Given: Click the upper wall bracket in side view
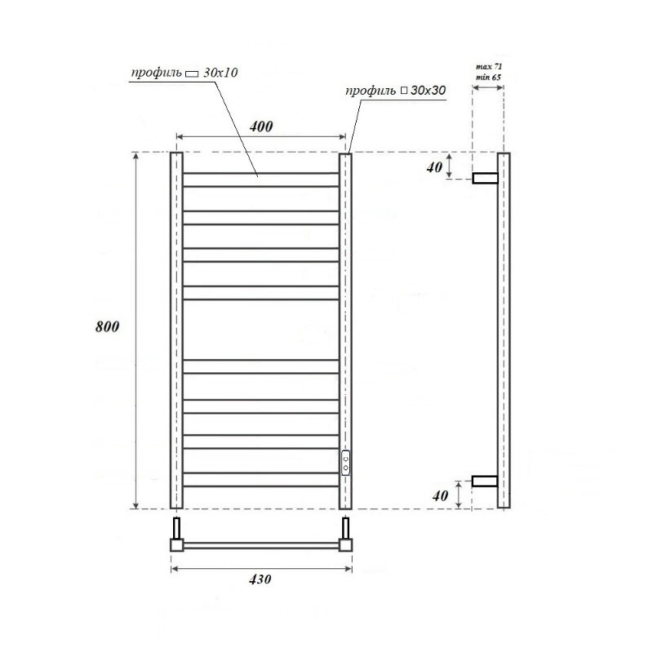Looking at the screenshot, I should point(486,177).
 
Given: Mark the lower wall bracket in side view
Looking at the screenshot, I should point(486,481).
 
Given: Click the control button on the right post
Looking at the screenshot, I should point(346,463).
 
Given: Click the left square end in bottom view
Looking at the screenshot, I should point(176,544).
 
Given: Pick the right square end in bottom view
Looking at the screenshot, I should point(345,544).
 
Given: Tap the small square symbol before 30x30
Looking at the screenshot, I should point(404,91).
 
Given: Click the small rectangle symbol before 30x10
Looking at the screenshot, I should point(193,74).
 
